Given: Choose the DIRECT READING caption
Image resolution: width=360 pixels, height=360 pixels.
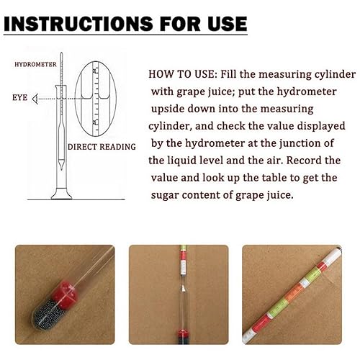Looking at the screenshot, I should (x=102, y=147).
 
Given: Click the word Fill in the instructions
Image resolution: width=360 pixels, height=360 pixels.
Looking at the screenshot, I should (x=226, y=75).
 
